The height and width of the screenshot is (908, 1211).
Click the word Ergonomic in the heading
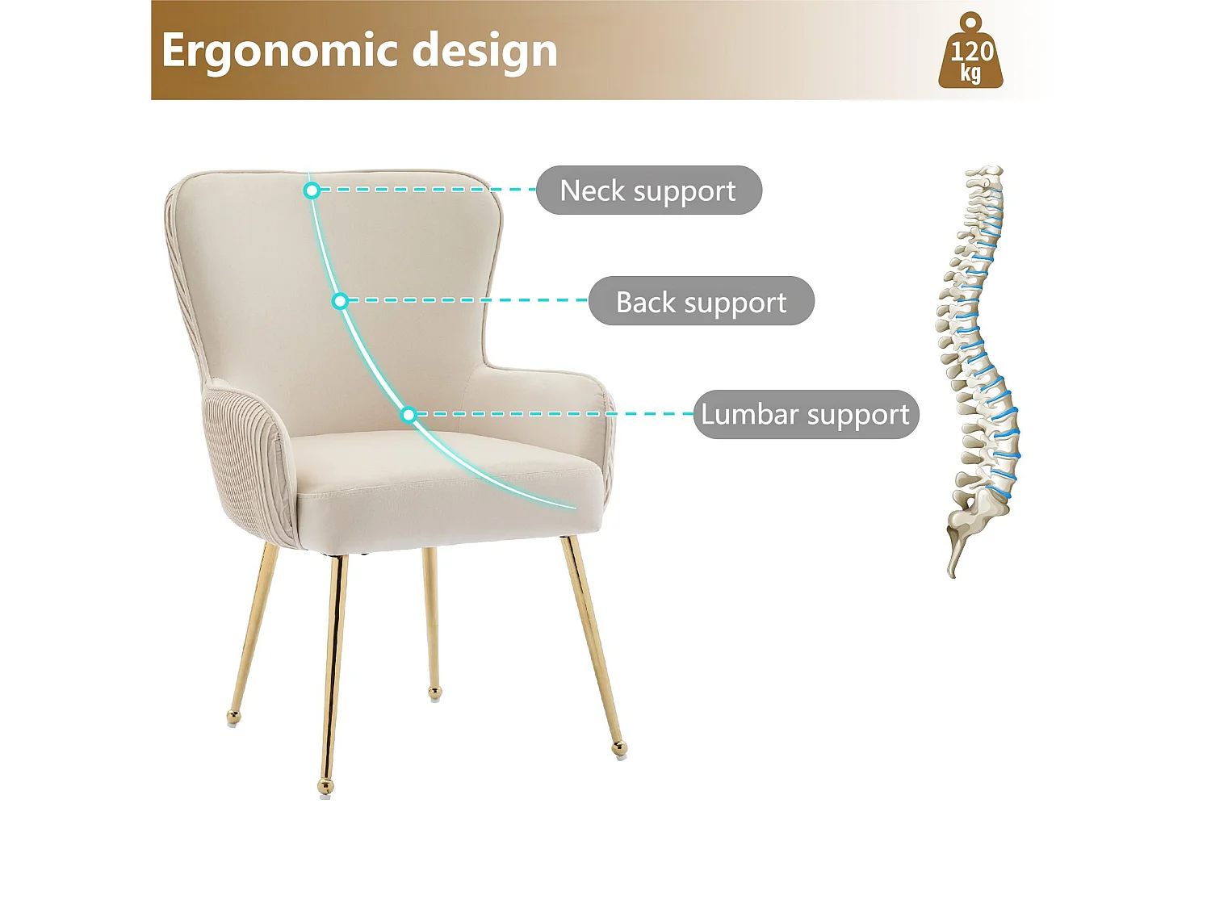275,51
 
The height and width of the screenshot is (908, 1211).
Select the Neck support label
648,190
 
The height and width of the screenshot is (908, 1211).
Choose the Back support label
701,302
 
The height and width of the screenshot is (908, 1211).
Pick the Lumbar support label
806,414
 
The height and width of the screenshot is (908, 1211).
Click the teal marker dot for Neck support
312,190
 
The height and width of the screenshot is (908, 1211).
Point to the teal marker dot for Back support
340,301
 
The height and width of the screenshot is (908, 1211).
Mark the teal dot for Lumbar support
409,415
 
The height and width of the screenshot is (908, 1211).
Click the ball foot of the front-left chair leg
325,785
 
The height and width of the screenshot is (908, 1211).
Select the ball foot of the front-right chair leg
619,747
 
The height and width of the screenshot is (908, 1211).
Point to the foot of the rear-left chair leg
233,715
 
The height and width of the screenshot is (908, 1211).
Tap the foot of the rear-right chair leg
435,693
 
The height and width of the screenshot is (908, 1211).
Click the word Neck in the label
592,190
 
